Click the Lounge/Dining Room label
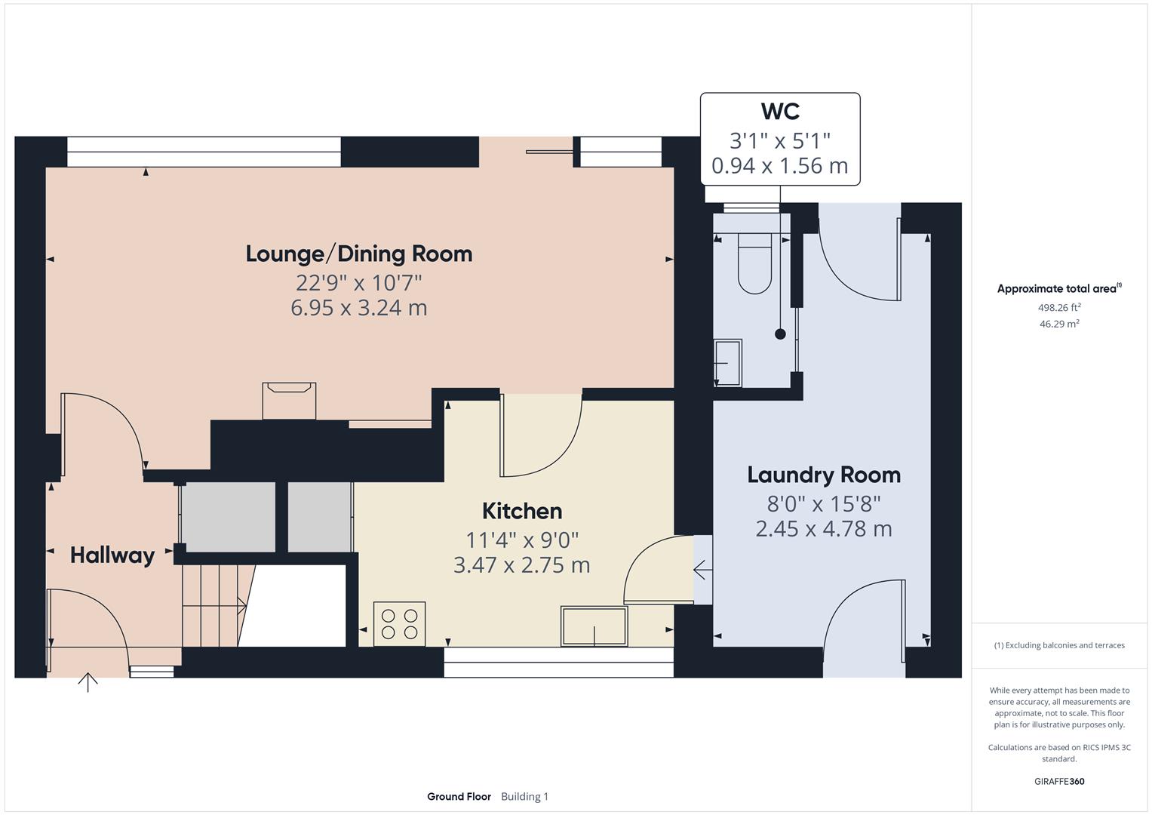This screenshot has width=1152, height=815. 359,254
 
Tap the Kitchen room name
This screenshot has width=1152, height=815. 522,511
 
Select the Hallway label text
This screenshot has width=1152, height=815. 112,555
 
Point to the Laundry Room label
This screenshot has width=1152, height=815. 824,475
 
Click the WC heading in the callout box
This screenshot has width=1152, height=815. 780,111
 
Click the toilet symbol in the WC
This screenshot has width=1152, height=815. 754,263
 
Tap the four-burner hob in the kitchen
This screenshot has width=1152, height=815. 399,623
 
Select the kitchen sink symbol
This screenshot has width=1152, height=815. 594,626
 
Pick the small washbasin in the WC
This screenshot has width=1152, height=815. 728,363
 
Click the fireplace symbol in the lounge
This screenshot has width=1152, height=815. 289,400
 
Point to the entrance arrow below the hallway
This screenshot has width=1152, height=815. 88,682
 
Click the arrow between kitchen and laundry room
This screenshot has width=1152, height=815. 702,570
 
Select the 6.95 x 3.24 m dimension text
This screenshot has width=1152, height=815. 359,308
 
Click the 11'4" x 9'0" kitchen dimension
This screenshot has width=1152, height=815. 522,540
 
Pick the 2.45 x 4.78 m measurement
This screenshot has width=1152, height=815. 824,528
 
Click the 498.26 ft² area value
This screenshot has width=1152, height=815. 1059,307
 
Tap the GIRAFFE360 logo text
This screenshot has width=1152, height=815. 1059,781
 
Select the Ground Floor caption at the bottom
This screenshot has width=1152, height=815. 459,796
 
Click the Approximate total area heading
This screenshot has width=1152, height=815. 1058,288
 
